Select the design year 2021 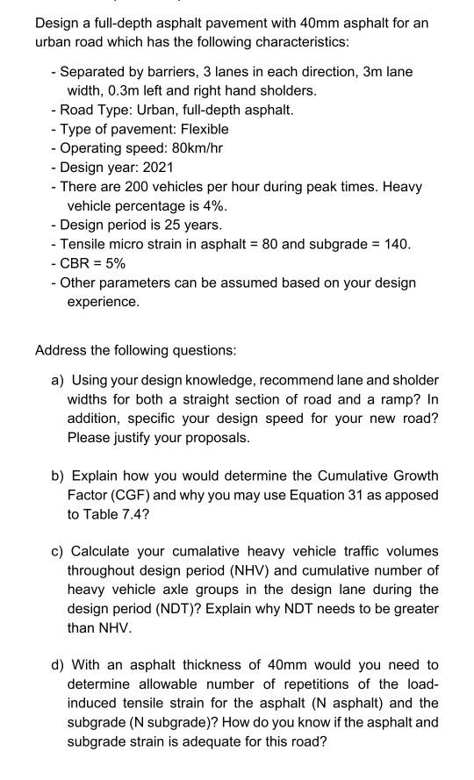(159, 167)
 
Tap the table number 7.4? (135, 514)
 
